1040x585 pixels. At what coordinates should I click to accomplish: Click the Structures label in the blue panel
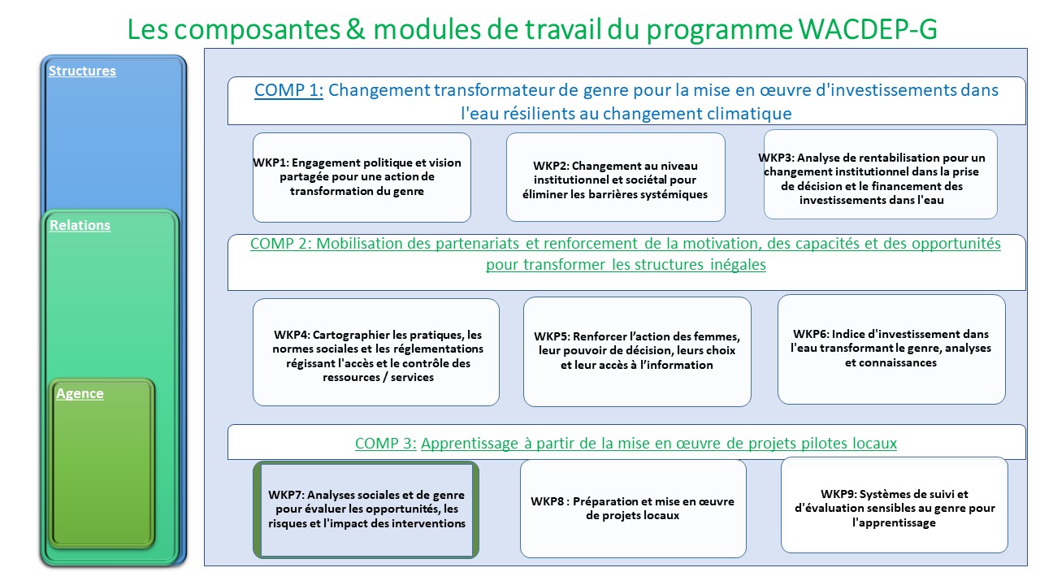click(82, 71)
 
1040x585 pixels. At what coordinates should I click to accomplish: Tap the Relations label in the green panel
click(80, 225)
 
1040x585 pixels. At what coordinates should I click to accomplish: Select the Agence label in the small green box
click(80, 393)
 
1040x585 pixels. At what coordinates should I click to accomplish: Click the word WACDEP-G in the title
click(868, 28)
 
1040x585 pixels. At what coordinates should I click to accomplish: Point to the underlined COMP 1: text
click(288, 90)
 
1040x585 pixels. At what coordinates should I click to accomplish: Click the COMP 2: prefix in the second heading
click(281, 243)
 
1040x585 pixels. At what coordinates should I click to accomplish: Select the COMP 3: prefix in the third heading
click(386, 443)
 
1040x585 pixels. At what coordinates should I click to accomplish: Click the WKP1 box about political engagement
click(362, 177)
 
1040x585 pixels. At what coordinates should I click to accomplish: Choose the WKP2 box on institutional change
click(616, 177)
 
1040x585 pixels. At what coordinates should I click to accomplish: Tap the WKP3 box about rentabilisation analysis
click(880, 175)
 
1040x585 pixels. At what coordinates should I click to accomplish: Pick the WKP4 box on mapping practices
click(376, 353)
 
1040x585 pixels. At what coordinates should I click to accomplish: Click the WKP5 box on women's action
click(637, 352)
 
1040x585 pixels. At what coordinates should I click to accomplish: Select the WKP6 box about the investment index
click(891, 349)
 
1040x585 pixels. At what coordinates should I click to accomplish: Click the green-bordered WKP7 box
click(366, 509)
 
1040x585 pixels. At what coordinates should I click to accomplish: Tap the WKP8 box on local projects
click(633, 509)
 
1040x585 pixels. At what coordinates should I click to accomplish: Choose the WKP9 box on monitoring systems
click(895, 505)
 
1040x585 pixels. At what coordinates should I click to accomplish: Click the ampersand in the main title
click(356, 28)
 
